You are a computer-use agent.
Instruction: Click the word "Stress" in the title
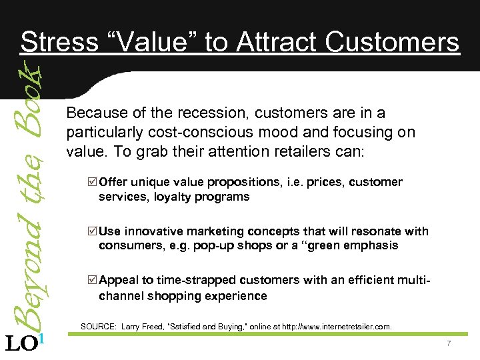58,43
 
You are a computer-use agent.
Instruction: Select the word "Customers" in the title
393,43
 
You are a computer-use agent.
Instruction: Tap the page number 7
449,343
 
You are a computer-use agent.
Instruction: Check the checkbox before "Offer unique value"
93,182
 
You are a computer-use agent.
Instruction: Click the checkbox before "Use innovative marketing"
93,231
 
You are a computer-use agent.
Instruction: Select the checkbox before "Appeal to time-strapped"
93,281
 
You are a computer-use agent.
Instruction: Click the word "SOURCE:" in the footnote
98,327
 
